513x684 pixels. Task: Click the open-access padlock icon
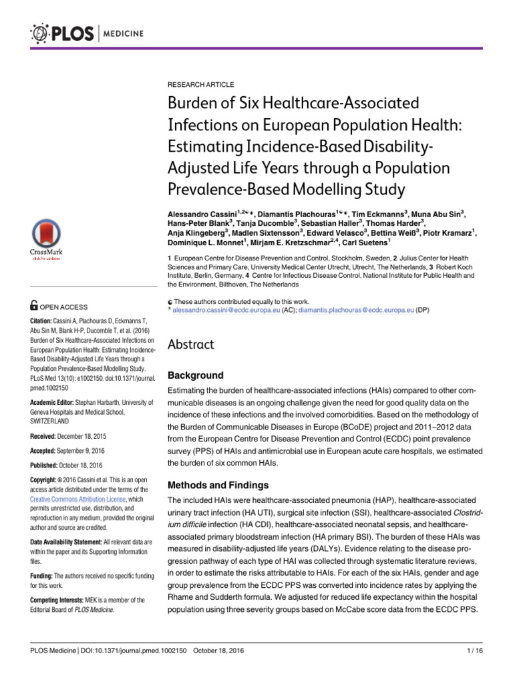[x=35, y=306]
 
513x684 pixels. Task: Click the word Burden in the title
[x=193, y=105]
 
